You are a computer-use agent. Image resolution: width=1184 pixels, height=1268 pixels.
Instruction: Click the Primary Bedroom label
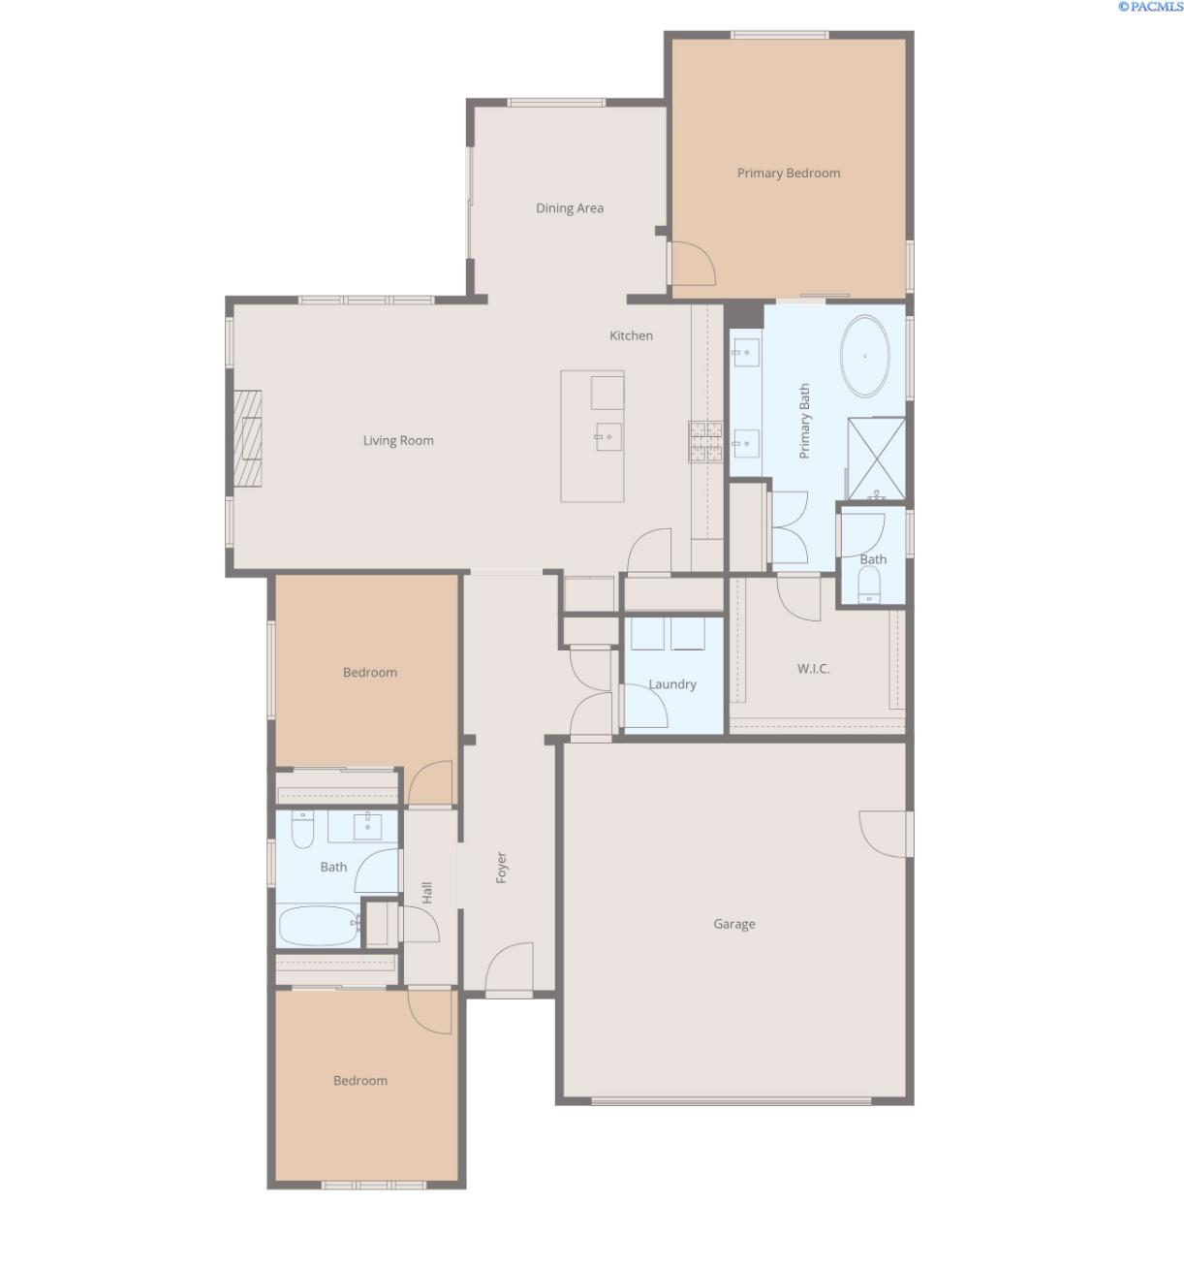coord(788,173)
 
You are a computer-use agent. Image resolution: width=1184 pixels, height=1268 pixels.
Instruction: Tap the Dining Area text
coord(569,208)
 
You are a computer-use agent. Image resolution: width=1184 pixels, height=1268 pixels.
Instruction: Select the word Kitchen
coord(631,335)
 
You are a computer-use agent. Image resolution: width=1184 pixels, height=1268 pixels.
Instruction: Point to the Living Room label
coord(397,440)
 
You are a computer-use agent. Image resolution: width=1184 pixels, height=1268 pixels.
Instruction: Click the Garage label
coord(733,924)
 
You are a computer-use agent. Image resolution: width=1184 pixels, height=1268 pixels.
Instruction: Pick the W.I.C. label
coord(813,669)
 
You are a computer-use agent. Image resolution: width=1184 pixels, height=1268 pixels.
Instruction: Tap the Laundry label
coord(671,684)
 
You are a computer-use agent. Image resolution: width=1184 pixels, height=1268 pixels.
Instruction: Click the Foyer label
coord(501,867)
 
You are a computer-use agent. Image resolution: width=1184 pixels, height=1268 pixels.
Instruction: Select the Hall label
coord(427,892)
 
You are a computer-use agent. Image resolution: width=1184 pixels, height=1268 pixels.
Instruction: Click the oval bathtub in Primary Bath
coord(864,357)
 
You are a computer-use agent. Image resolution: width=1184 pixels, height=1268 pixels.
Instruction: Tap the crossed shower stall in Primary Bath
coord(876,459)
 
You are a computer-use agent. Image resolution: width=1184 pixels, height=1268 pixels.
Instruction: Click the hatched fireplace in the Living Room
coord(247,438)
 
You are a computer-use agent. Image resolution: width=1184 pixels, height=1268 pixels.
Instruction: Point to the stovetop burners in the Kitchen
coord(705,441)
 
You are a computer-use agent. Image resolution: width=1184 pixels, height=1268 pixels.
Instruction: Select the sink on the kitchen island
coord(608,436)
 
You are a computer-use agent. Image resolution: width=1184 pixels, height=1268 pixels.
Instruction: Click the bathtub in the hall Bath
coord(319,925)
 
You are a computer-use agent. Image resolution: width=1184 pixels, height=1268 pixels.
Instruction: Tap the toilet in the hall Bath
coord(302,829)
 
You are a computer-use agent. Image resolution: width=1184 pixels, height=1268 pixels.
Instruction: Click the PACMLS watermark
coord(1150,7)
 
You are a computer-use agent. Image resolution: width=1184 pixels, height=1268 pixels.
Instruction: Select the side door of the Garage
coord(885,835)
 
